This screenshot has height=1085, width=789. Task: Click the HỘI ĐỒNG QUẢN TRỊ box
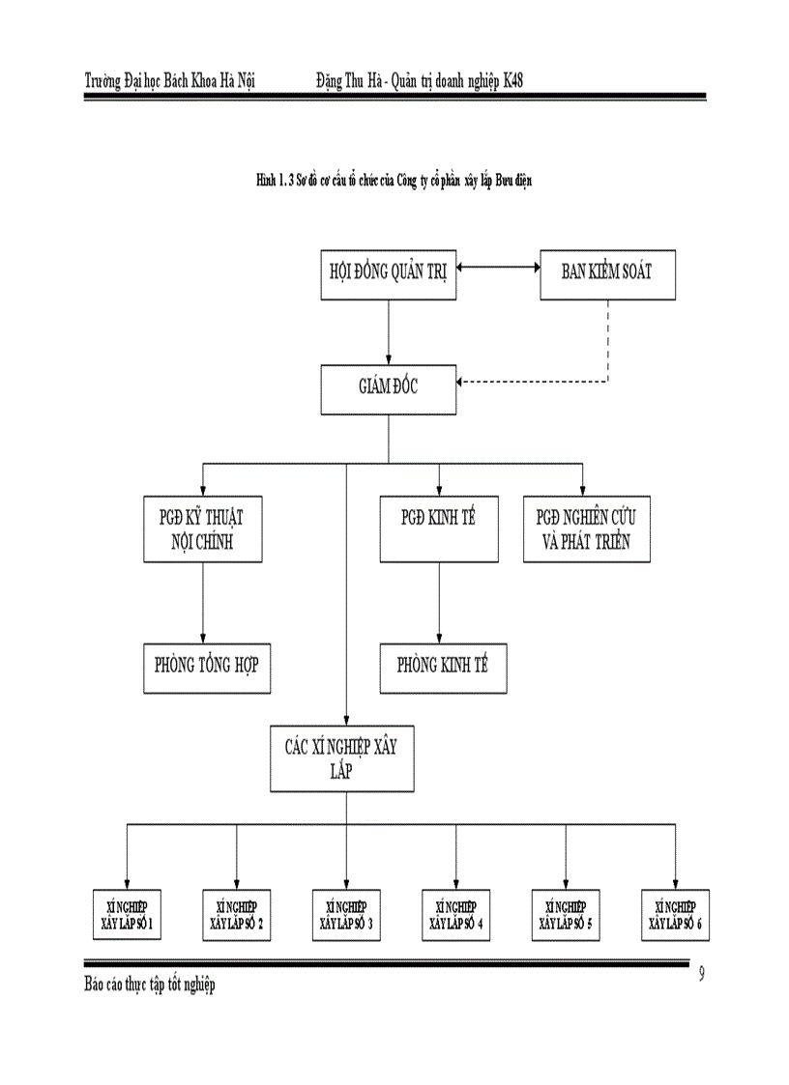389,271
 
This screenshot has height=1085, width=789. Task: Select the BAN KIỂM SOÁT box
607,271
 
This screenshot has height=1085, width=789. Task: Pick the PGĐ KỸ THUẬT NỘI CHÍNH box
202,529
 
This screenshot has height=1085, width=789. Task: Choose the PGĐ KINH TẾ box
439,529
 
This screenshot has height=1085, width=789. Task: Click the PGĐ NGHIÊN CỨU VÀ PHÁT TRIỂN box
585,529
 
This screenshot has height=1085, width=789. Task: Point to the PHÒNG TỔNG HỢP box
206,667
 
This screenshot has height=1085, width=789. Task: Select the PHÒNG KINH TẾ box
443,667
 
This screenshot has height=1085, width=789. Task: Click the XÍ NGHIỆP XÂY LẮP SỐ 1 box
128,915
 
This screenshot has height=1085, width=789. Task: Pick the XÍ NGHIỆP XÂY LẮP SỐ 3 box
346,915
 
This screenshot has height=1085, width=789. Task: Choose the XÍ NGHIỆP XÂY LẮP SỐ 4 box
456,915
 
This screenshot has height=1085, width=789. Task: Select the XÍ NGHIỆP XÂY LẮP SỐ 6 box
675,915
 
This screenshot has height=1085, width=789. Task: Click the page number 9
701,974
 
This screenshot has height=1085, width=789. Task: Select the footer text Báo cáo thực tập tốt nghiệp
150,984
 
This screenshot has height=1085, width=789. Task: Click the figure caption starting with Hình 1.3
394,180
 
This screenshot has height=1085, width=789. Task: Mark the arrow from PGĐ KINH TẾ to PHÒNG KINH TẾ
439,603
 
